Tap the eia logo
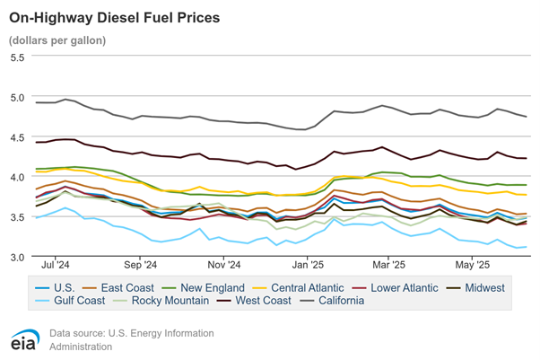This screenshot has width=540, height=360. [24, 341]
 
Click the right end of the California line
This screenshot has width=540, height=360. [526, 117]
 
